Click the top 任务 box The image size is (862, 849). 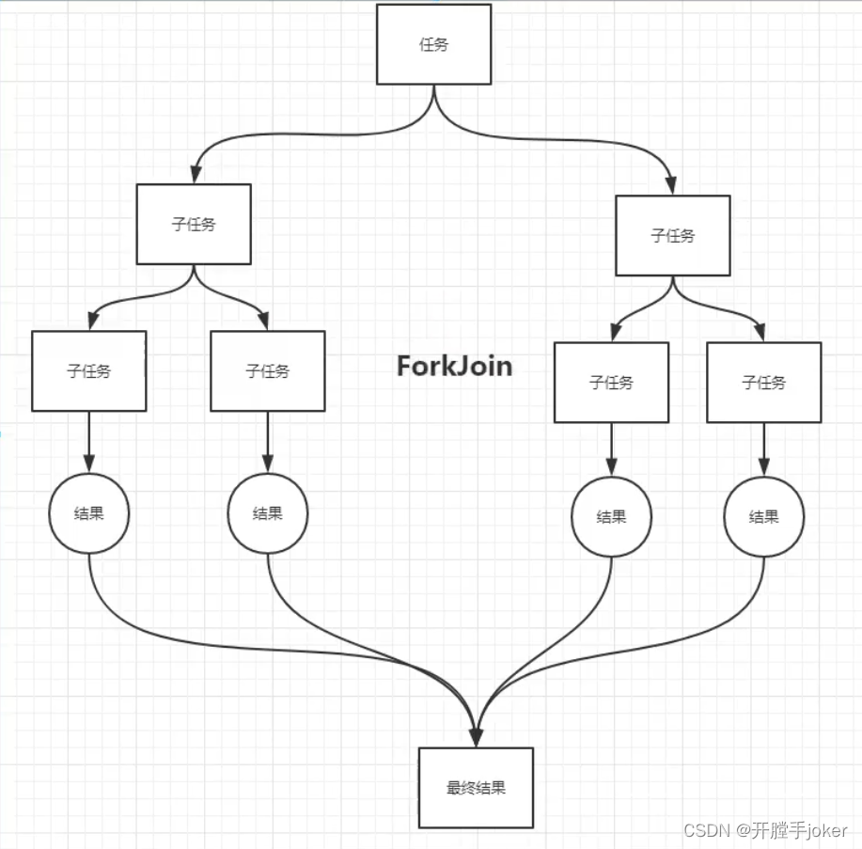[x=433, y=44]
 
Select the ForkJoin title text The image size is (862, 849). [x=455, y=367]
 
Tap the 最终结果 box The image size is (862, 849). [x=476, y=787]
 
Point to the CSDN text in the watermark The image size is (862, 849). [x=706, y=830]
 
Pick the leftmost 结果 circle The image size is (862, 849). [x=89, y=513]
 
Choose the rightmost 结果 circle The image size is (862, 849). [x=763, y=517]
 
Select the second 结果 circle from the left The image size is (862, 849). [x=268, y=513]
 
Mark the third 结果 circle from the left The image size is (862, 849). [x=611, y=517]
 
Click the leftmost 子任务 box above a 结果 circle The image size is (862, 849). [x=89, y=371]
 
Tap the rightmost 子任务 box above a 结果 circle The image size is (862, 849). [x=764, y=383]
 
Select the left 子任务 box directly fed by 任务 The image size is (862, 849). [x=194, y=225]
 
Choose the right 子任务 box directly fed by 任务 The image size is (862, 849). [x=673, y=235]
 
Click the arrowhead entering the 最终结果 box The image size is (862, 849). [x=476, y=738]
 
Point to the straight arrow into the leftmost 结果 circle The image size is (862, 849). [x=89, y=442]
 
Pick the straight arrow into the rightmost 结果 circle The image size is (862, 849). [x=763, y=449]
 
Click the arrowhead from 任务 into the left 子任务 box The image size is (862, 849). [x=196, y=175]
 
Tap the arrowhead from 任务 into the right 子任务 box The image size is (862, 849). [x=670, y=186]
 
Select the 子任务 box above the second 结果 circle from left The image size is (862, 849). [x=268, y=371]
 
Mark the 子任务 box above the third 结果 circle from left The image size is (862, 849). [x=611, y=383]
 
